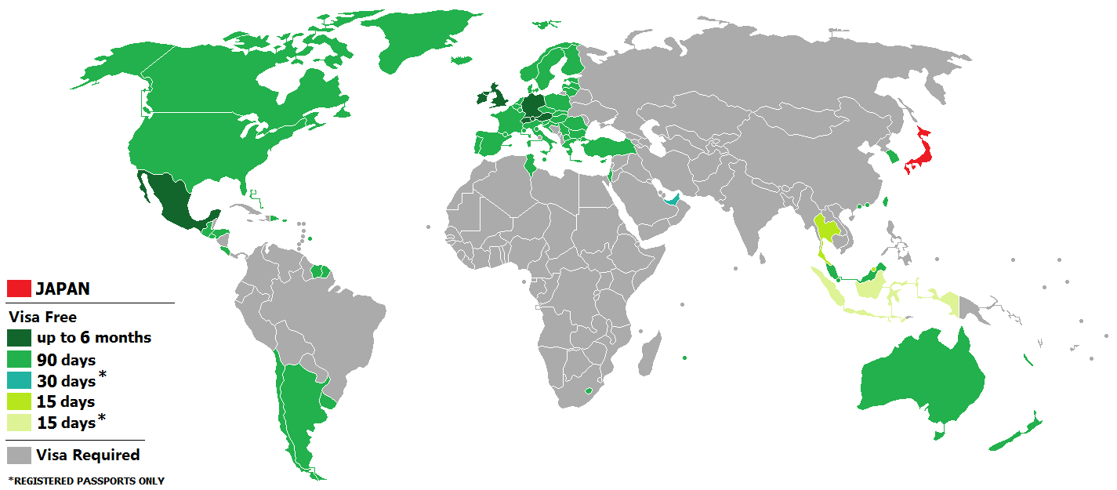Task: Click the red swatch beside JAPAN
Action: (19, 289)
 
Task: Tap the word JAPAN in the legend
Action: (63, 289)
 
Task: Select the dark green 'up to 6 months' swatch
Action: (19, 338)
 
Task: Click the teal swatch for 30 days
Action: (19, 381)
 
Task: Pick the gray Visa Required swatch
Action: (19, 455)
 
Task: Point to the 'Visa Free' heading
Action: (42, 318)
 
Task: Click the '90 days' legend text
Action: (67, 360)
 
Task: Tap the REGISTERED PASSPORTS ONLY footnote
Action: (86, 481)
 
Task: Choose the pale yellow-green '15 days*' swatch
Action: (19, 423)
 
